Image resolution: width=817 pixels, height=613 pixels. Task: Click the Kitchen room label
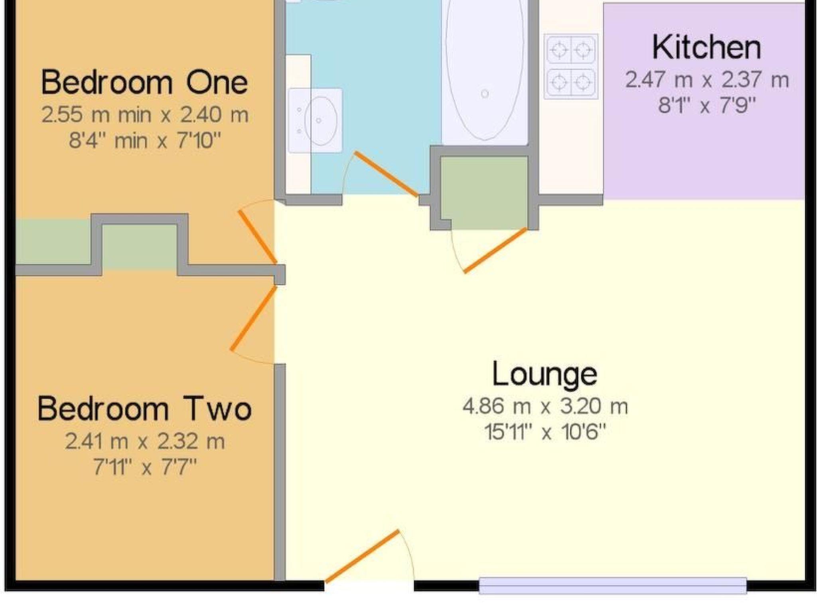pyautogui.click(x=706, y=48)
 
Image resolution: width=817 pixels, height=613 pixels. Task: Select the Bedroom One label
pyautogui.click(x=144, y=82)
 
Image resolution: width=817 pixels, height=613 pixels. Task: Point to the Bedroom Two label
pyautogui.click(x=144, y=409)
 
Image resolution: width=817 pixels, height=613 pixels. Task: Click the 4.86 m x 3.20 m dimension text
pyautogui.click(x=545, y=407)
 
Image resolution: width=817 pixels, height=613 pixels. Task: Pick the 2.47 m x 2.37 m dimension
pyautogui.click(x=707, y=80)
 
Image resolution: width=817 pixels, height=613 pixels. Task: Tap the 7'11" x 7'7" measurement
pyautogui.click(x=145, y=467)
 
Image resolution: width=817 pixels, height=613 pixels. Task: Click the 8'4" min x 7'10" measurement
pyautogui.click(x=145, y=141)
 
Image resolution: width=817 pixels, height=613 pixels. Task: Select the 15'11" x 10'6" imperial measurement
pyautogui.click(x=545, y=432)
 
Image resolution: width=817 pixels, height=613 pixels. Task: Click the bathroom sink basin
pyautogui.click(x=321, y=120)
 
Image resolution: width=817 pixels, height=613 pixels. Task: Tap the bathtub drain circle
pyautogui.click(x=485, y=94)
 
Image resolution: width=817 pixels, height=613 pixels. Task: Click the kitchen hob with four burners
pyautogui.click(x=571, y=66)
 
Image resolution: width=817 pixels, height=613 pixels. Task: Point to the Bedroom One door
pyautogui.click(x=257, y=237)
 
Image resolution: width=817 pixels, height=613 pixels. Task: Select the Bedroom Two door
pyautogui.click(x=253, y=318)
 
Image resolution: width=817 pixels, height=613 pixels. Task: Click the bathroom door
pyautogui.click(x=387, y=174)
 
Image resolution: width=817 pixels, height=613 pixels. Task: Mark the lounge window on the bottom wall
pyautogui.click(x=613, y=585)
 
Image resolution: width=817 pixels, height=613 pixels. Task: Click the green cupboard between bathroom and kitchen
pyautogui.click(x=484, y=193)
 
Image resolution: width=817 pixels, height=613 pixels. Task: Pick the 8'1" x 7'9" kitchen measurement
pyautogui.click(x=707, y=106)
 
